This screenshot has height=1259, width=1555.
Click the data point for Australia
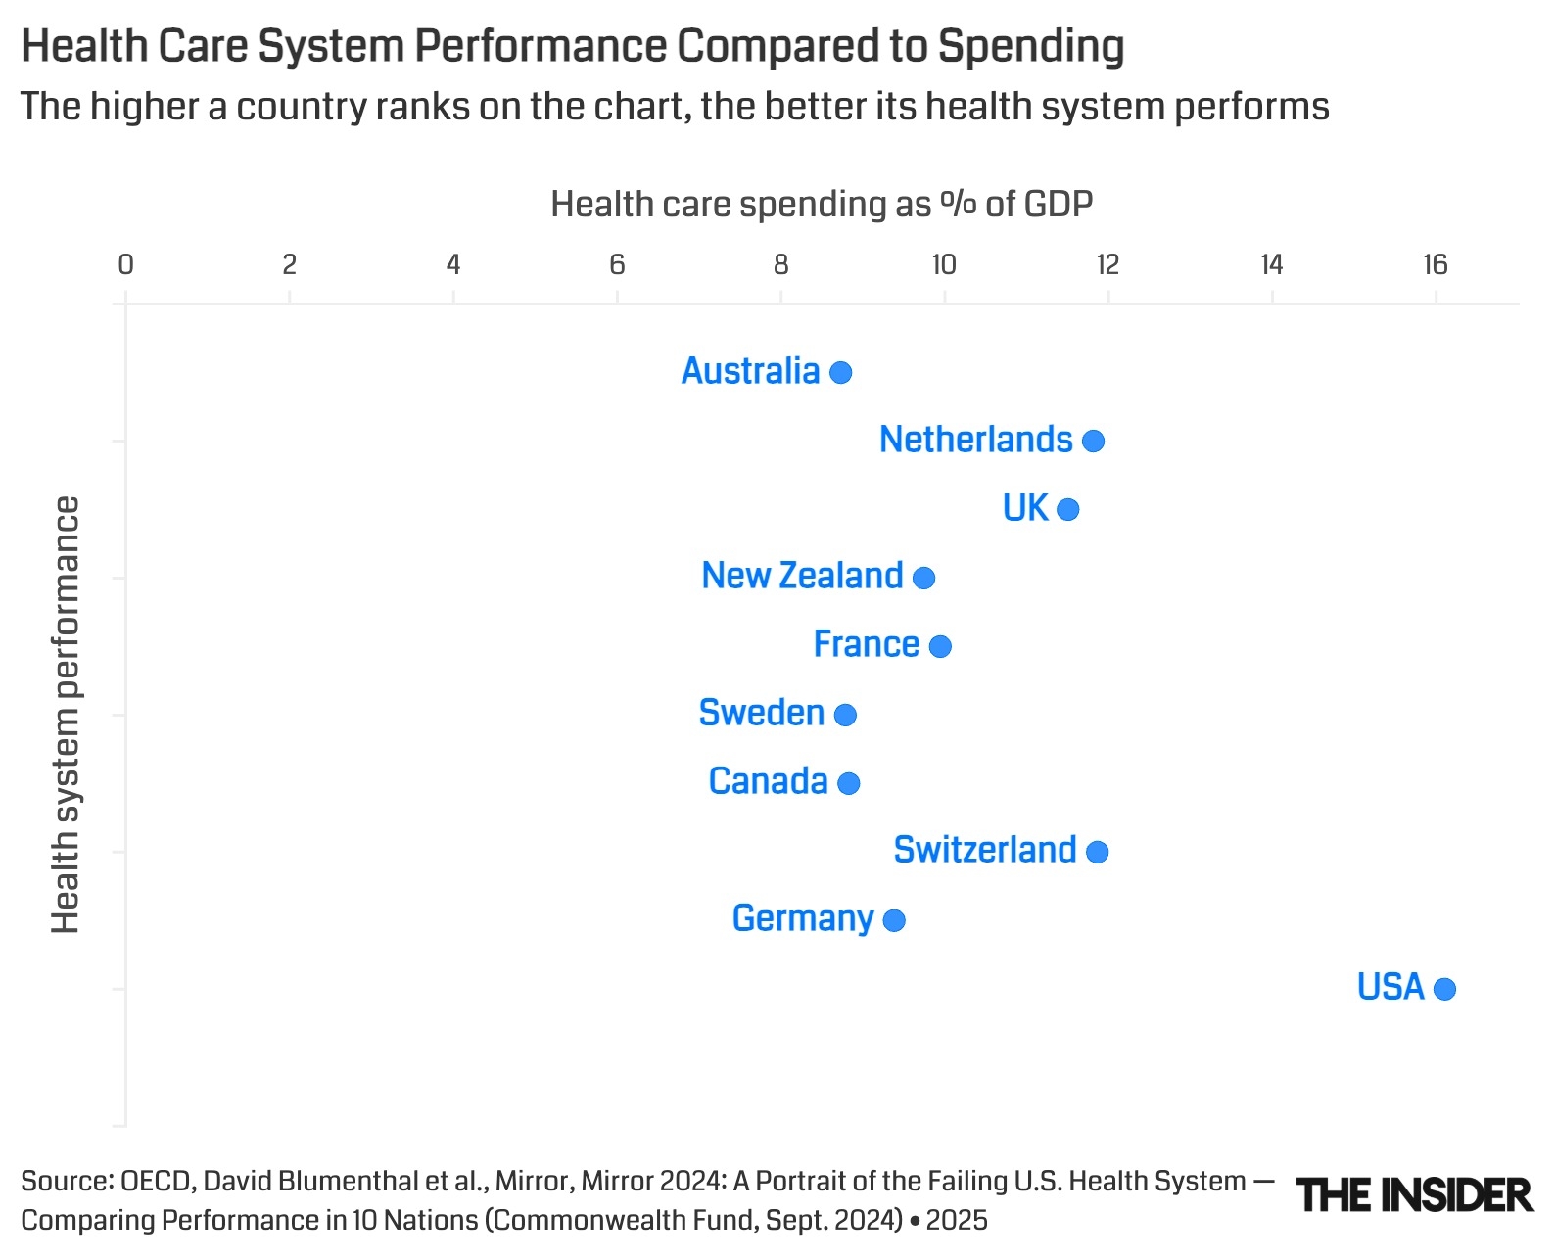coord(840,372)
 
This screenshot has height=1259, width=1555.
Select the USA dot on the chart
coord(1444,989)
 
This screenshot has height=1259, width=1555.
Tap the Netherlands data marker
coord(1093,441)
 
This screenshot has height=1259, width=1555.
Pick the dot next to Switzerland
coord(1097,852)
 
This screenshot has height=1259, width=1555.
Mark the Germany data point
coord(893,920)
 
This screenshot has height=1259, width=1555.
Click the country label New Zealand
coord(802,576)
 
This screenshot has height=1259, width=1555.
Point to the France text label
coord(866,644)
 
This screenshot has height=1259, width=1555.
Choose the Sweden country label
coord(761,713)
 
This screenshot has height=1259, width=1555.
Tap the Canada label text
coord(768,781)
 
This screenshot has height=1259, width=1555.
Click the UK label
coord(1024,508)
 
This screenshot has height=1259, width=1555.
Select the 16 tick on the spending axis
coord(1435,264)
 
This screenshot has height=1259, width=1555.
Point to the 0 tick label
coord(125,264)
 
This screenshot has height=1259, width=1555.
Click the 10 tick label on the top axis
coord(943,264)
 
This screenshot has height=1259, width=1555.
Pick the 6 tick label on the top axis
coord(617,264)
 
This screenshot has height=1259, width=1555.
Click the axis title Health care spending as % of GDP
coord(821,204)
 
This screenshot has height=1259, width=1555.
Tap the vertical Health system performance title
coord(65,715)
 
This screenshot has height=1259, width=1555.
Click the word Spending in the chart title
coord(1030,46)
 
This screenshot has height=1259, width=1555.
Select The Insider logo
coord(1414,1195)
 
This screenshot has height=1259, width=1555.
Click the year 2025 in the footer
coord(957,1220)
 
